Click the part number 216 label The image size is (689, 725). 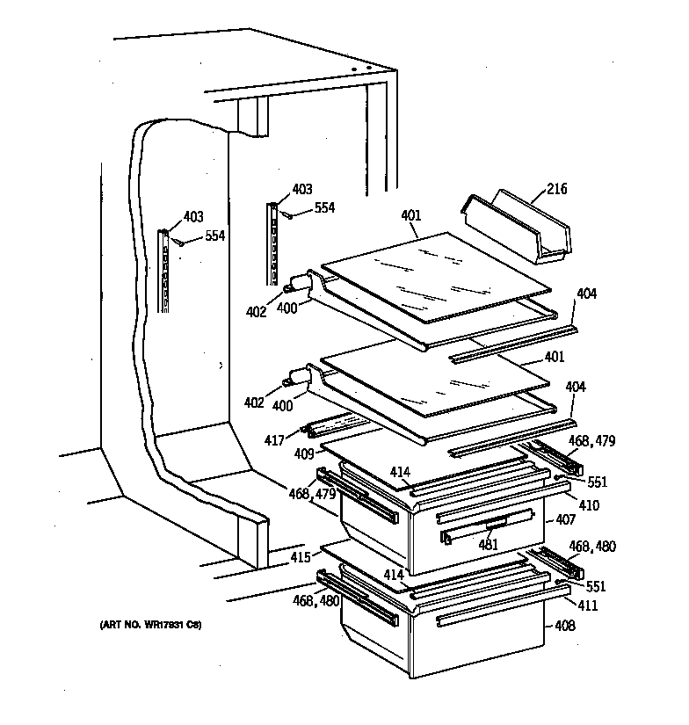pos(557,189)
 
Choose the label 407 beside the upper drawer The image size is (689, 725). pos(565,520)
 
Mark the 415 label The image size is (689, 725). pos(301,557)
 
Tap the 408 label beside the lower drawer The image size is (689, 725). pos(564,627)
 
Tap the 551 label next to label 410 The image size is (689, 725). pos(597,482)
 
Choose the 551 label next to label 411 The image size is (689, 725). pos(595,586)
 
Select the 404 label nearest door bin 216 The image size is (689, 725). pos(586,294)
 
